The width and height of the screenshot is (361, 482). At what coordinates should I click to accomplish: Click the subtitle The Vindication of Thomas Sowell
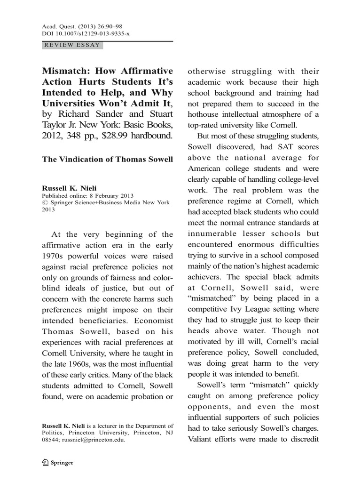tap(108, 159)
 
